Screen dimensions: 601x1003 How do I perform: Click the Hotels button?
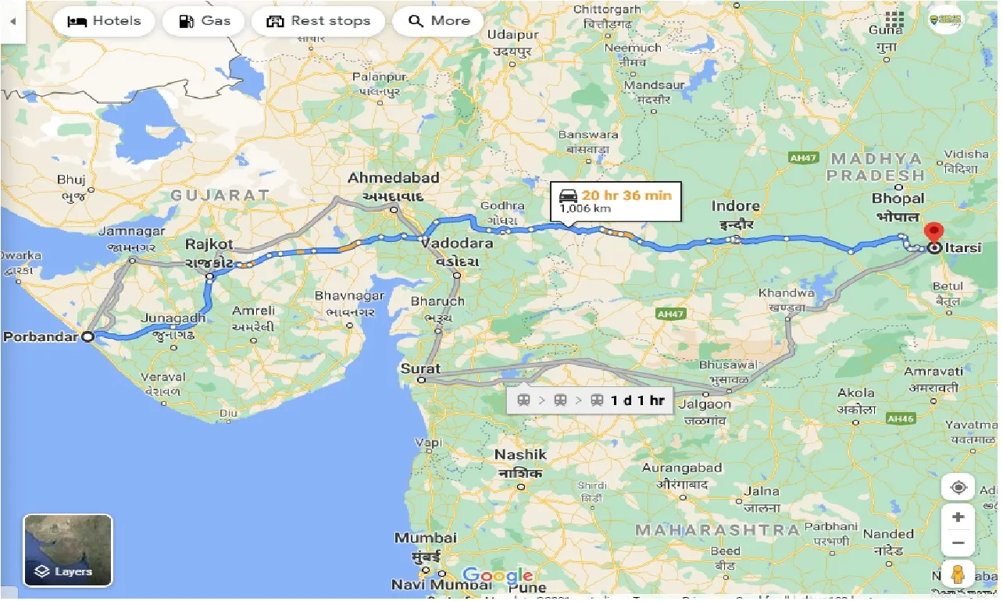click(104, 21)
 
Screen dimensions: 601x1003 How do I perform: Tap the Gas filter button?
click(203, 21)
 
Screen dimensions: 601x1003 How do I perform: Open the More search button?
click(439, 21)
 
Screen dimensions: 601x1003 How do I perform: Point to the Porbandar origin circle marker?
click(88, 337)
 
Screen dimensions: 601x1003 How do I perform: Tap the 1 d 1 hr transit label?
click(637, 400)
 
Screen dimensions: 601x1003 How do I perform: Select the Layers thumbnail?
click(68, 550)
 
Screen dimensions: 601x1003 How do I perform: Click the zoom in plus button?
click(958, 517)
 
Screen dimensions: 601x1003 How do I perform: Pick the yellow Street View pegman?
click(958, 574)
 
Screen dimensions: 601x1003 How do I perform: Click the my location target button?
click(958, 488)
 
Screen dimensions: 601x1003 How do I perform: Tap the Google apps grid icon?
click(894, 19)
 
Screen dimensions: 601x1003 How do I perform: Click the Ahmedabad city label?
click(394, 179)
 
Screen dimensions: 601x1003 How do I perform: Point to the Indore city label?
click(735, 207)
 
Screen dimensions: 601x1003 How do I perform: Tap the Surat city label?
click(421, 368)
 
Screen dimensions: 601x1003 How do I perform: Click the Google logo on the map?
click(497, 577)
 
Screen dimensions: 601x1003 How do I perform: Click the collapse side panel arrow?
click(12, 21)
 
